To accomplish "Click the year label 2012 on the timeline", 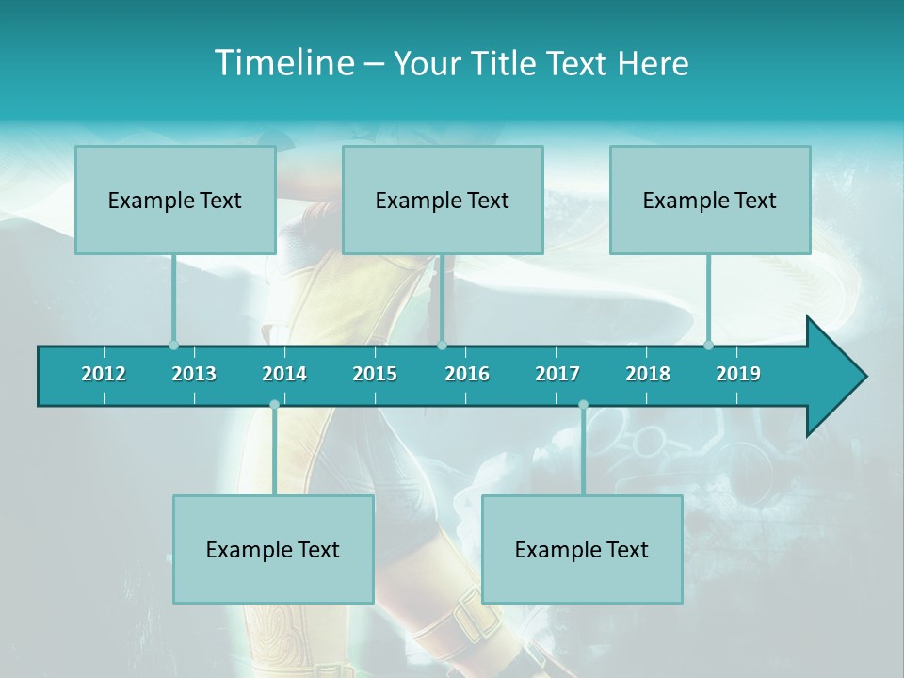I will pos(104,374).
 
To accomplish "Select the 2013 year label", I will pos(194,374).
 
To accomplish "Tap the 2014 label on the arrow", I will pos(284,374).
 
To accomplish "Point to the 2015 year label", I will pos(375,374).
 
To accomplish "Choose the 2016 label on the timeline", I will pos(467,374).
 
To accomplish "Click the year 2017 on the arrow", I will pos(557,374).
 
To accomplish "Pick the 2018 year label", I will pos(648,374).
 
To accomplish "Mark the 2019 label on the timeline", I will pos(738,374).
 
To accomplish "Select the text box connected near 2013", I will pos(175,200).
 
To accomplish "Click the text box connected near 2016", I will pos(443,200).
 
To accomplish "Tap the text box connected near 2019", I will pos(710,200).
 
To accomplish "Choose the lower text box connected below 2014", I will pos(273,549).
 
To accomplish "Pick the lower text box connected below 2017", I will pos(582,549).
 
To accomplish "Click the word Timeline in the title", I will pos(284,63).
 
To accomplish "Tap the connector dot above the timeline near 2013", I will pos(173,345).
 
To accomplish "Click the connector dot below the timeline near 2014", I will pos(274,405).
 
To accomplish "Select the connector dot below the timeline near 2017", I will pos(583,405).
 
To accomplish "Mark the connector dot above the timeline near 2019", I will pos(709,345).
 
